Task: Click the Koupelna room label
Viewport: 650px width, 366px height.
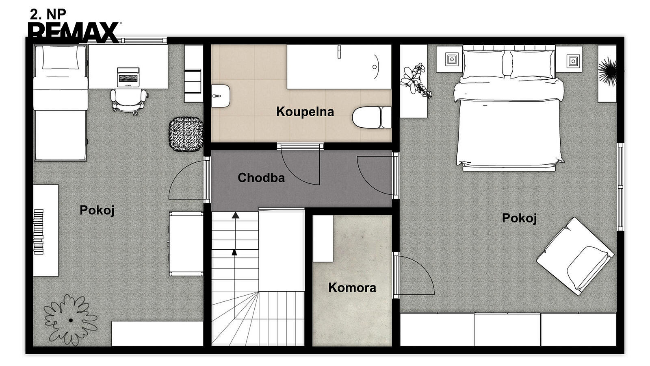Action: point(305,112)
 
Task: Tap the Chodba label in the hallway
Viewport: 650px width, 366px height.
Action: point(261,178)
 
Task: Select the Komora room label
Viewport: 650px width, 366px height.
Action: point(352,288)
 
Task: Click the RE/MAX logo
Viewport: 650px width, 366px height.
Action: point(74,32)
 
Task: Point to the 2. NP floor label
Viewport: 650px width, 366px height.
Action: point(48,14)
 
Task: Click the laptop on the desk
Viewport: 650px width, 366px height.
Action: point(128,77)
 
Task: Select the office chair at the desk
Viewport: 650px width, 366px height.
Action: point(128,101)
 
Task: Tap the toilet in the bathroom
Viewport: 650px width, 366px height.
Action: point(372,117)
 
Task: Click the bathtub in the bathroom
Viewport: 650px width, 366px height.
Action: point(339,67)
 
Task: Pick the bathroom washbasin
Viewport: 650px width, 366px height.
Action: point(221,96)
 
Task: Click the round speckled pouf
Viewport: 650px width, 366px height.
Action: point(186,134)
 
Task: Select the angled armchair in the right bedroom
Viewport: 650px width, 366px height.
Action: point(575,256)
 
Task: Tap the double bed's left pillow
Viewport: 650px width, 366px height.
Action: point(483,65)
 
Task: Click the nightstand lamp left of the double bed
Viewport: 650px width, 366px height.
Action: point(451,59)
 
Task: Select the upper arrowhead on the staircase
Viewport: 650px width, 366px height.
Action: point(235,215)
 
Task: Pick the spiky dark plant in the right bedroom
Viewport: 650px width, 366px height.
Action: point(607,70)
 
